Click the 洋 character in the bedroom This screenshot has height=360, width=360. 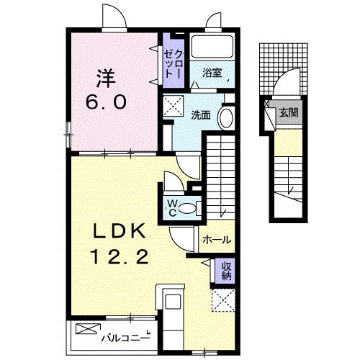(x=106, y=78)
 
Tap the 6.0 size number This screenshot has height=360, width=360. (x=106, y=102)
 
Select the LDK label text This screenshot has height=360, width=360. (x=120, y=231)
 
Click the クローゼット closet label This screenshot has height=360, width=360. (x=174, y=64)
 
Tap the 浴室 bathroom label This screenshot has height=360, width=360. (x=212, y=73)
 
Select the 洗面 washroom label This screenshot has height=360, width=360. (x=201, y=116)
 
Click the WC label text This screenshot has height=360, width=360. (x=172, y=208)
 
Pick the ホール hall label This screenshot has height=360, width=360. (x=217, y=240)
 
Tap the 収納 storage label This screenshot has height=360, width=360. (x=226, y=271)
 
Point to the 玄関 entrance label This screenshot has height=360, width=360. (x=289, y=112)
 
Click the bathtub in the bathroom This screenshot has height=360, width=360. (x=212, y=47)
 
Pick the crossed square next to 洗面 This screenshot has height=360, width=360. (x=173, y=106)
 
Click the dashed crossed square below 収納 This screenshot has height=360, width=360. (x=223, y=300)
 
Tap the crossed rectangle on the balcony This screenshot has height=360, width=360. (x=88, y=328)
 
